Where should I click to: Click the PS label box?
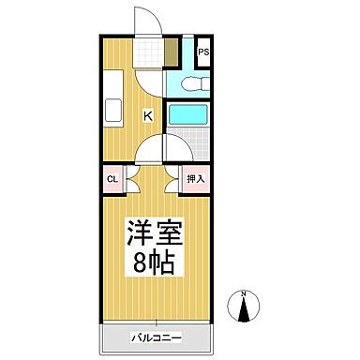(x=203, y=53)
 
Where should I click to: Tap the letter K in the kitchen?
(x=149, y=115)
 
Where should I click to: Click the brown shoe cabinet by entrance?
(x=170, y=52)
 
